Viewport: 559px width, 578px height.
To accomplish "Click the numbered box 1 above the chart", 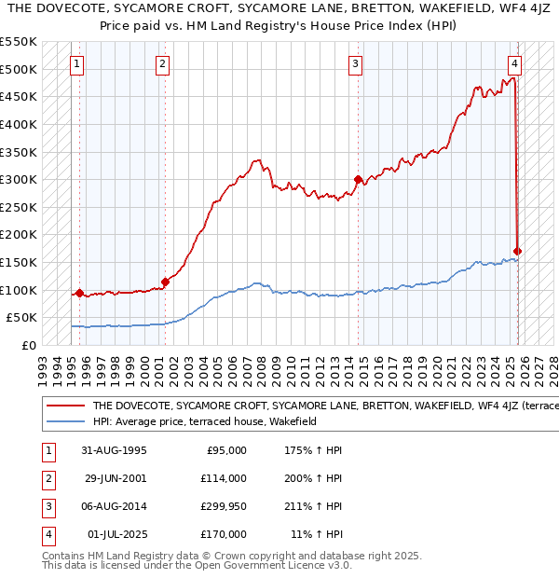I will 76,64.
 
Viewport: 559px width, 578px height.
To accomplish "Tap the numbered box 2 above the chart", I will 162,64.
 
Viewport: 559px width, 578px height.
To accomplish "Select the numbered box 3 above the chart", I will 356,64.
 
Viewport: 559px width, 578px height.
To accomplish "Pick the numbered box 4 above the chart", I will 514,64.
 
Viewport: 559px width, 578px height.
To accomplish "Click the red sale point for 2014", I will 358,180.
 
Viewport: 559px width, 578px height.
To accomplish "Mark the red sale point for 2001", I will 165,282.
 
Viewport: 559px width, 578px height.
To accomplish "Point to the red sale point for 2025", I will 518,251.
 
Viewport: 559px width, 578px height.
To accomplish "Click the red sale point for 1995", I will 79,293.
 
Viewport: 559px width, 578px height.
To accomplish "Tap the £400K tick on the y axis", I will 19,124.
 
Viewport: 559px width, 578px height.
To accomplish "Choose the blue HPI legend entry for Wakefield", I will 204,421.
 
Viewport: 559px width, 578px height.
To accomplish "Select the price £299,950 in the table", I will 223,506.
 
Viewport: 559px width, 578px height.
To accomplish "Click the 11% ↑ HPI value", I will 317,534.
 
